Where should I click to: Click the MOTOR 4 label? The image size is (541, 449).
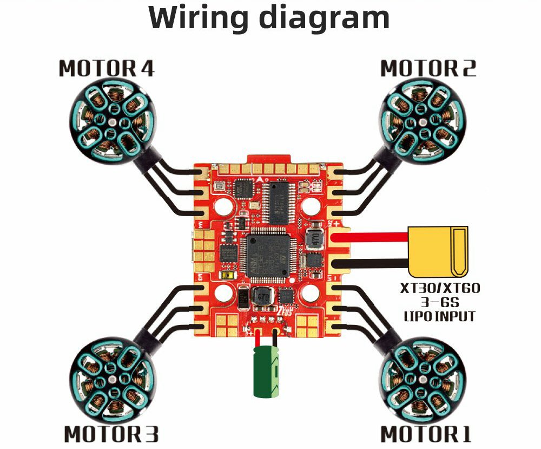point(107,69)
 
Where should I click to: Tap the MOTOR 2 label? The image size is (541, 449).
point(428,69)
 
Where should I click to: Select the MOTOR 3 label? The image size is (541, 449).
point(111,434)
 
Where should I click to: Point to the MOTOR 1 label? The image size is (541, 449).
point(426,434)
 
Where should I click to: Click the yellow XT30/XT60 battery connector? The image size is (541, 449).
point(438,250)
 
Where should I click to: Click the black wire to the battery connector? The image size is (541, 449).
point(373,264)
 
